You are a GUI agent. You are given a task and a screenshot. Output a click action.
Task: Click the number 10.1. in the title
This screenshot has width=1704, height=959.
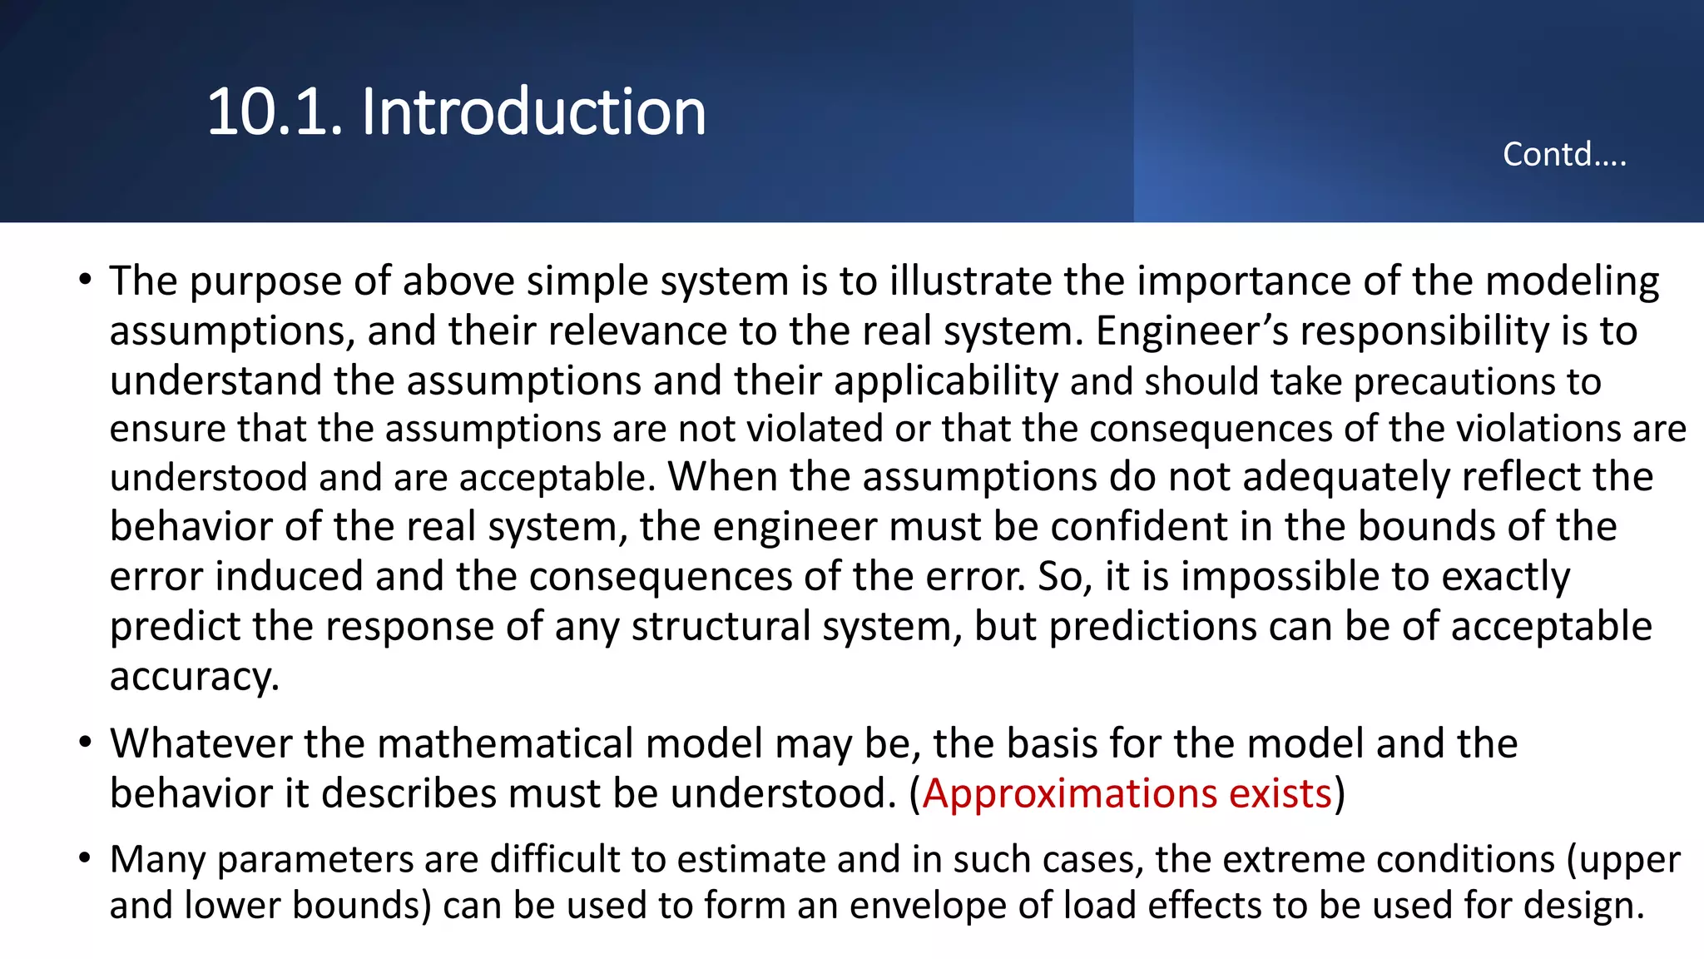[275, 112]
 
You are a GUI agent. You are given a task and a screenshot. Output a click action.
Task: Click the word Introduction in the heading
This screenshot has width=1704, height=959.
[533, 112]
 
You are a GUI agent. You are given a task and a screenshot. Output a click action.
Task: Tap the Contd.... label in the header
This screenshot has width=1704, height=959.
[1564, 155]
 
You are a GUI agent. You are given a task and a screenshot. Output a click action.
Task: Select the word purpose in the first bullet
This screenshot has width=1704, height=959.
[265, 282]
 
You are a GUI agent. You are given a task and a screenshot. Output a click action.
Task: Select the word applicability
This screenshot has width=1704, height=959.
[946, 381]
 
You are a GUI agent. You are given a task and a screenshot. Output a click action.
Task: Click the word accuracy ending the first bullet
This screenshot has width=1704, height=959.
[194, 677]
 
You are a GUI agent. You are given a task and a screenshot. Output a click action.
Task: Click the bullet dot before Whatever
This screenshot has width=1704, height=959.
[85, 742]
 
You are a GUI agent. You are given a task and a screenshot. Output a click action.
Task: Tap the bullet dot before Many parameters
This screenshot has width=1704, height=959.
[85, 857]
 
